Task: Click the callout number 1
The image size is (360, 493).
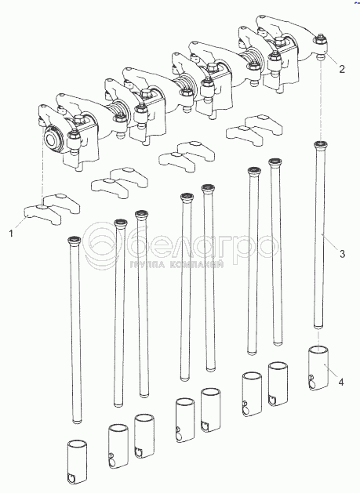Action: pyautogui.click(x=11, y=234)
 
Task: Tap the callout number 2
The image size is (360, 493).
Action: pyautogui.click(x=342, y=69)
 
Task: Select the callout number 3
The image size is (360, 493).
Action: pyautogui.click(x=342, y=253)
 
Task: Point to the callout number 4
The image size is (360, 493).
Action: pyautogui.click(x=341, y=382)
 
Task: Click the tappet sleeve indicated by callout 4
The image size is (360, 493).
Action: pyautogui.click(x=318, y=368)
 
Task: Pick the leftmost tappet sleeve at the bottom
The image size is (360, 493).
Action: pyautogui.click(x=76, y=462)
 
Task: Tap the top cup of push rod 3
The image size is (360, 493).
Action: pyautogui.click(x=321, y=145)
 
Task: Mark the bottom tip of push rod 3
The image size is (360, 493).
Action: pyautogui.click(x=318, y=328)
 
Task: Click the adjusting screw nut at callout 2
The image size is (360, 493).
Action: pyautogui.click(x=320, y=40)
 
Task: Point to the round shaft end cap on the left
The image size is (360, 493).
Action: pyautogui.click(x=53, y=140)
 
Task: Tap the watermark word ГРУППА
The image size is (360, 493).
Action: pyautogui.click(x=147, y=265)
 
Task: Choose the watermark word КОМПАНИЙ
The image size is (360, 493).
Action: pyautogui.click(x=197, y=265)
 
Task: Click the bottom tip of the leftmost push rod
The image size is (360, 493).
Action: pyautogui.click(x=77, y=421)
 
